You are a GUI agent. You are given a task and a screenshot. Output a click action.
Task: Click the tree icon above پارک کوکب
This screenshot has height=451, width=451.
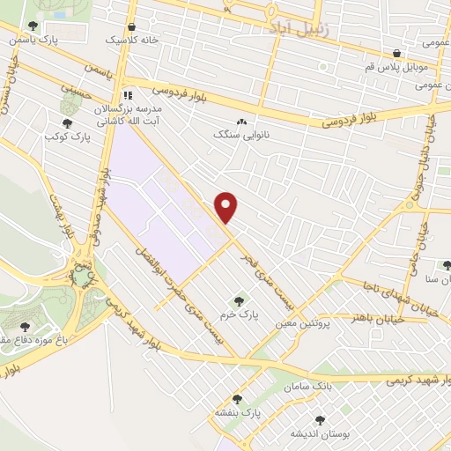[68, 124]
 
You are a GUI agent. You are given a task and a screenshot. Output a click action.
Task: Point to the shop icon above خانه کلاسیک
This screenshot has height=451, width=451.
[131, 26]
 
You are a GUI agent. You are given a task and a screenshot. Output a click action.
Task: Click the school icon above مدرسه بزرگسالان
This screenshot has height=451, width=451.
[128, 94]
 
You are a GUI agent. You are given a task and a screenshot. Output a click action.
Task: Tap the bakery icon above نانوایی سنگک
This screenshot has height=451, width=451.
[241, 122]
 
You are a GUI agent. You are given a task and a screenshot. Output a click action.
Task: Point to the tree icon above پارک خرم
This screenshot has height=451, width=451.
[235, 298]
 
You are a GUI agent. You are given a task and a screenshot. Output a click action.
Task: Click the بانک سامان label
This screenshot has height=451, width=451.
[307, 387]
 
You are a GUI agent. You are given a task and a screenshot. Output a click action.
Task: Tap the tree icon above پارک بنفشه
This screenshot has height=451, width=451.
[236, 399]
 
